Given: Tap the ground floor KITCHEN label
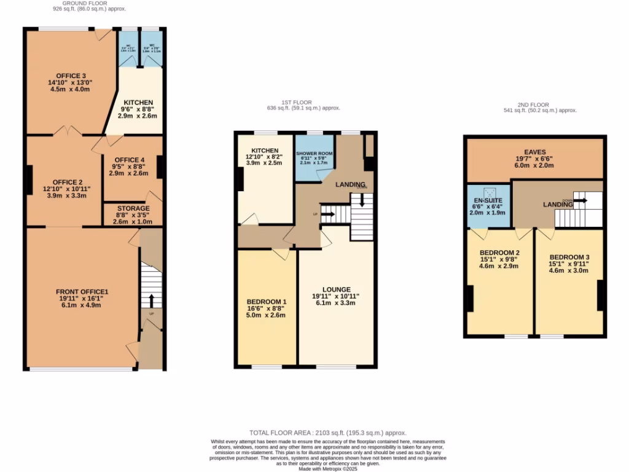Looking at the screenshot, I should point(138,103).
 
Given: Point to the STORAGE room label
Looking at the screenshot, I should point(133,208).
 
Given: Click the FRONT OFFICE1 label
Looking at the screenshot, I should point(82,291).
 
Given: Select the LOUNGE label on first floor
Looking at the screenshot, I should point(336,289).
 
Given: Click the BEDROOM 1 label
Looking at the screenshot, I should point(266,302).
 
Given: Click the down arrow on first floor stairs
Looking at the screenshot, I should point(362,200).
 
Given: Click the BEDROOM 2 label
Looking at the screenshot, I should point(499,252).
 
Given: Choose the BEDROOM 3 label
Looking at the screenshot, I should point(569,257).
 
